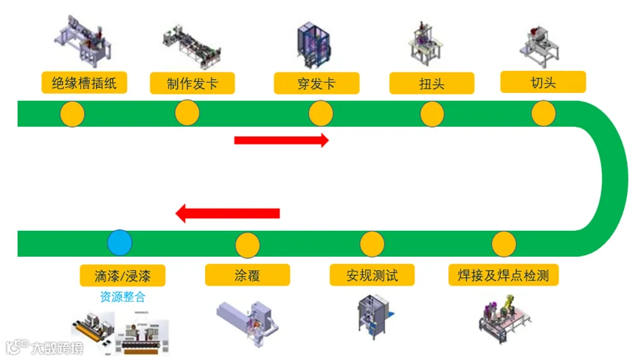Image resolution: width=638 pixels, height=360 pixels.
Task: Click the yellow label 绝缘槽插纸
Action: coord(84,83)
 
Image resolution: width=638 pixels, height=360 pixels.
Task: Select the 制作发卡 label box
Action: coord(193,83)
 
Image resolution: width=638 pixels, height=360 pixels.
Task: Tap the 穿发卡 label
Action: coord(316,83)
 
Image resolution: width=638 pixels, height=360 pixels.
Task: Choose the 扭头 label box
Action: coord(431,83)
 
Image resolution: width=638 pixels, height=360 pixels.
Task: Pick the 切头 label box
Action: coord(543,82)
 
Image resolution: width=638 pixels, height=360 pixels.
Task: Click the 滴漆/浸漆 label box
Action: coord(122,276)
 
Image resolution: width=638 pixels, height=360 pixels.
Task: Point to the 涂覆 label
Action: coord(247,275)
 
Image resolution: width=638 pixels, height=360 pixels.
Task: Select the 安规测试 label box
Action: coord(372,275)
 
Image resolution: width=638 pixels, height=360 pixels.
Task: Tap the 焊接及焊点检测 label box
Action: coord(503,275)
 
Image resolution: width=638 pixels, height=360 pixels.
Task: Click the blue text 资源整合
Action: coord(122,297)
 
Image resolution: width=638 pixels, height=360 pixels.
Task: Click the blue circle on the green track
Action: coord(119,243)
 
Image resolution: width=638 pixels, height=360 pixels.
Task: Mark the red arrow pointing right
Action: coord(282,140)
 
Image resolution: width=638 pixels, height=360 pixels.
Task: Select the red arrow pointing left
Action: coord(227,213)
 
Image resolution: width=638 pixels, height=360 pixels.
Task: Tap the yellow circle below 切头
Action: coord(544,114)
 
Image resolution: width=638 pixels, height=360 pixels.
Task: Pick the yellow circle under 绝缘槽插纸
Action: coord(72,114)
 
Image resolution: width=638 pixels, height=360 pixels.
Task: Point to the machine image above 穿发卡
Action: coord(313,46)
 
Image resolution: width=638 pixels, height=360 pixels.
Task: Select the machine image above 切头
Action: coord(540,46)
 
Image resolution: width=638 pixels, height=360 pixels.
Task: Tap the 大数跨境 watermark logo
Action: coord(45,347)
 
